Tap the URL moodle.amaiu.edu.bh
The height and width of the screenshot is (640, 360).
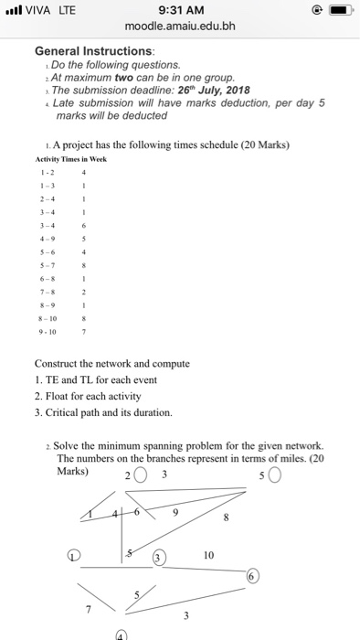[179, 27]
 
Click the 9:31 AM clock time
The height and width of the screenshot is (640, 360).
[179, 10]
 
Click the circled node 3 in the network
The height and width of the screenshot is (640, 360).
[158, 555]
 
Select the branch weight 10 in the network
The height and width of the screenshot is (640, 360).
[208, 554]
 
